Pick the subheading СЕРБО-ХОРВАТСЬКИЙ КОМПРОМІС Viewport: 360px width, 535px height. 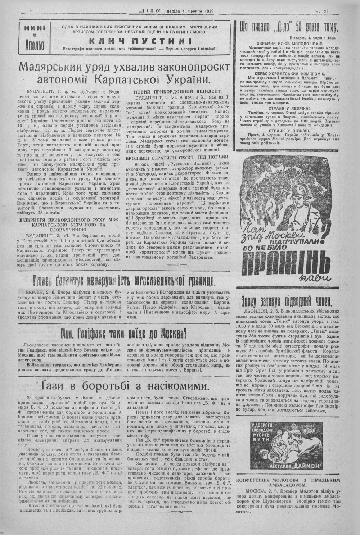[x=288, y=72]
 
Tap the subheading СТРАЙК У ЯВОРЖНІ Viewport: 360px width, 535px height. [x=289, y=108]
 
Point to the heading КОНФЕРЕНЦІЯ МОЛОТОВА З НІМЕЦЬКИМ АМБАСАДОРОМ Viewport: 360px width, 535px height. [x=288, y=482]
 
